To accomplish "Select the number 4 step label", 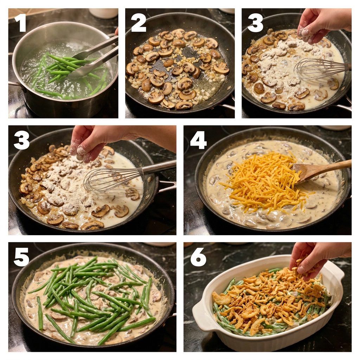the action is (198, 141).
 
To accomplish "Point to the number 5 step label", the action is (21, 257).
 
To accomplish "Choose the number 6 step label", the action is (198, 257).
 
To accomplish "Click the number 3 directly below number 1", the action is (21, 141).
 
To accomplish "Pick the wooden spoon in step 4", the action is (321, 170).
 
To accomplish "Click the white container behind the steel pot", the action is (103, 13).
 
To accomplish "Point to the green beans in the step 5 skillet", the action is (92, 298).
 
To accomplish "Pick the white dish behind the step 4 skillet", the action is (335, 127).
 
